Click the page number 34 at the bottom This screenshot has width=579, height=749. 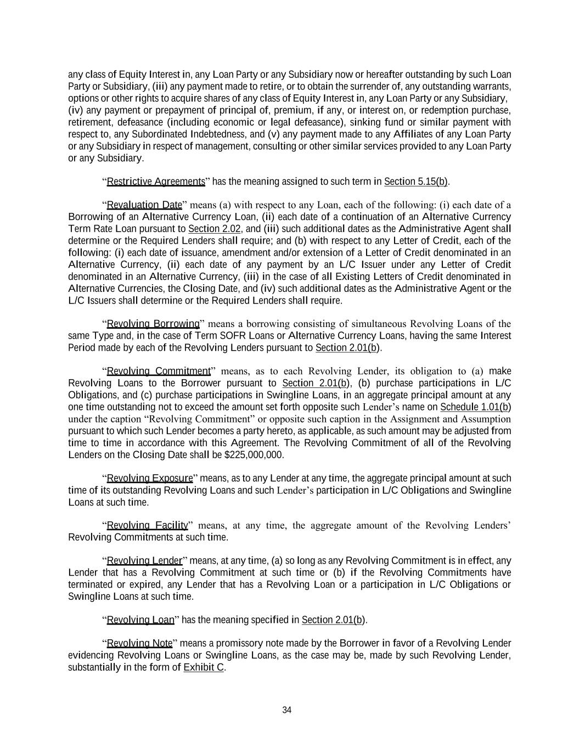click(286, 710)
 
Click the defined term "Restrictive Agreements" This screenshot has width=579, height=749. click(155, 182)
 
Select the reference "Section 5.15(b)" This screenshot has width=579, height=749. click(415, 182)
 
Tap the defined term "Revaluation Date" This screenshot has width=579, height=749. click(144, 205)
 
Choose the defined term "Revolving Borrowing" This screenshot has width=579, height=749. click(153, 324)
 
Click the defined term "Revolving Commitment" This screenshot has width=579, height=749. click(158, 371)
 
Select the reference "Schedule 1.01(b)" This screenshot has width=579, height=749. click(475, 407)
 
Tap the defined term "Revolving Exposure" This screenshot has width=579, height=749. click(150, 478)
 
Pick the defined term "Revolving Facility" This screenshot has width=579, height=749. click(147, 526)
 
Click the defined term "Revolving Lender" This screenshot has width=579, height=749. click(144, 561)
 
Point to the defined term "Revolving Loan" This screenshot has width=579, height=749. click(140, 620)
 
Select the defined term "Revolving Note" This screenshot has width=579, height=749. click(139, 644)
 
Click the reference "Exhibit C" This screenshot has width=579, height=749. click(204, 668)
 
